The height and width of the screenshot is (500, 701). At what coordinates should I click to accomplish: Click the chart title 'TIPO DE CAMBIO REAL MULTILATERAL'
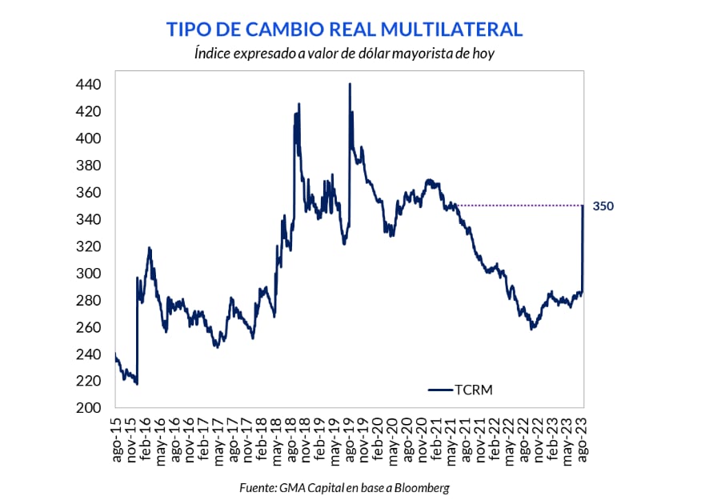[x=344, y=30]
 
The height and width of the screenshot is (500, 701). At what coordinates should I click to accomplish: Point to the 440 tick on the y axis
[x=88, y=85]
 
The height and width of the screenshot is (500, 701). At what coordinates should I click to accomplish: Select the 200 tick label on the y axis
[x=88, y=408]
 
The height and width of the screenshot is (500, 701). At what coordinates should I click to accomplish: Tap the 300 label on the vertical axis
[x=88, y=274]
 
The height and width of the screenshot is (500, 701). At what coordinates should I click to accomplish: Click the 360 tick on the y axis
[x=88, y=193]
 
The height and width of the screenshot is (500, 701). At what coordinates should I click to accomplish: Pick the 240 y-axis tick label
[x=88, y=354]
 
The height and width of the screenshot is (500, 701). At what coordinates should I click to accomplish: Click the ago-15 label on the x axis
[x=117, y=438]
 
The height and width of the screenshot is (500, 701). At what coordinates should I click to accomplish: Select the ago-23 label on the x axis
[x=583, y=438]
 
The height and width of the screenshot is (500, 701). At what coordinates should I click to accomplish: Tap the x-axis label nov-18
[x=306, y=438]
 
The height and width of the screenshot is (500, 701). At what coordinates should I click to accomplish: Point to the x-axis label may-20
[x=394, y=438]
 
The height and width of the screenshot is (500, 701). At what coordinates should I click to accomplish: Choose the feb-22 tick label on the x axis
[x=496, y=438]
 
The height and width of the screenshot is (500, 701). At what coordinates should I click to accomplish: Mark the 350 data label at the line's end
[x=603, y=206]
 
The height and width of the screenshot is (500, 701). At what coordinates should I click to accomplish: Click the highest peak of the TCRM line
[x=350, y=83]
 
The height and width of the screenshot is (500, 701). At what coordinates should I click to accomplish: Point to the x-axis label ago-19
[x=350, y=438]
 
